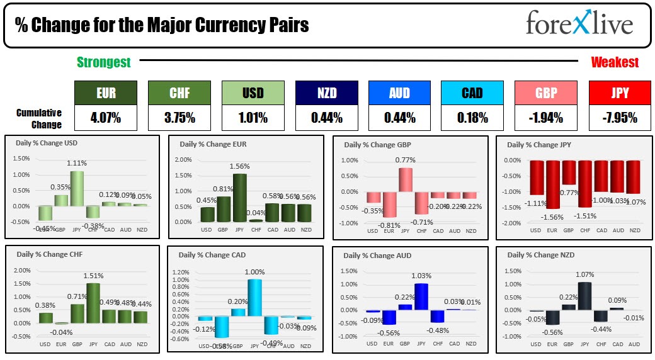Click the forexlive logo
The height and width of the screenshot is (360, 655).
579,24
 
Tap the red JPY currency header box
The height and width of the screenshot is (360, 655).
619,93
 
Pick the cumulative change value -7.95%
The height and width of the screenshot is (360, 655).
619,118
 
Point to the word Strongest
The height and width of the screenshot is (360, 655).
104,62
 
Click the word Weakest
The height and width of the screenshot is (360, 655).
615,62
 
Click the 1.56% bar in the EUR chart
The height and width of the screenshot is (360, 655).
239,198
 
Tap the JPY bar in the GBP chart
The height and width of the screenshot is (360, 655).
405,181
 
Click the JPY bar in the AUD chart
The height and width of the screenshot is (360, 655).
421,296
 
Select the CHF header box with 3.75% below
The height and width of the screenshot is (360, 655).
178,93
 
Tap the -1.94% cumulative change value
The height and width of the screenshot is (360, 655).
545,118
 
